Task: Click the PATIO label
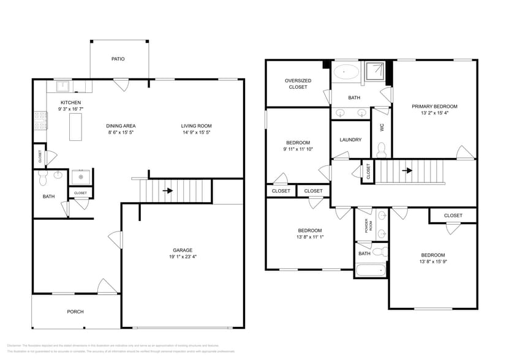point(118,59)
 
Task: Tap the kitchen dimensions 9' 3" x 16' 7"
point(70,109)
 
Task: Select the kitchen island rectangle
point(75,127)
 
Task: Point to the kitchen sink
point(64,86)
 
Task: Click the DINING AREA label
point(121,126)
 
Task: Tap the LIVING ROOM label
point(196,126)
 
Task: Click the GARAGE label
point(183,250)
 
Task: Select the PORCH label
point(75,312)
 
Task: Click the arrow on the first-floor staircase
point(167,190)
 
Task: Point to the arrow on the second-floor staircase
point(407,171)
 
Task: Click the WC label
point(382,128)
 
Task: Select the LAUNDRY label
point(350,140)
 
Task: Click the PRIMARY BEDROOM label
point(434,106)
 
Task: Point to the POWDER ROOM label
point(368,226)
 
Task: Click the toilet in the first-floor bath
point(43,178)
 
